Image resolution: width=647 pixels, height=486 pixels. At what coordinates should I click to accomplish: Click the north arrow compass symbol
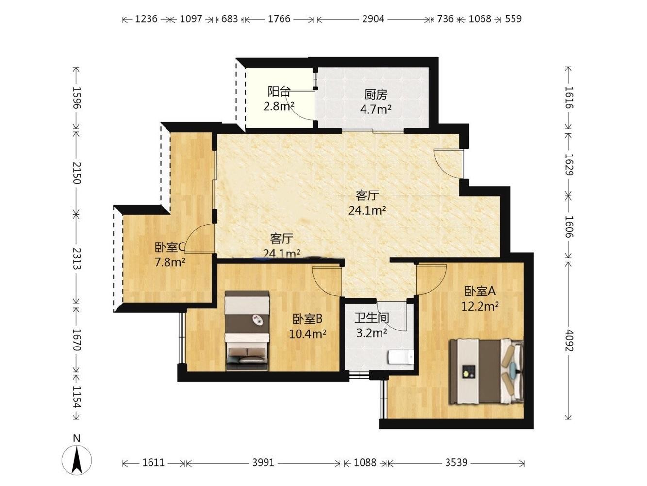77,460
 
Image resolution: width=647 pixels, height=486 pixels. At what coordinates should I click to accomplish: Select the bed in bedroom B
247,330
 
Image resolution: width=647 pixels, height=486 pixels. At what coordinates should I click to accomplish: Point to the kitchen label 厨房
376,95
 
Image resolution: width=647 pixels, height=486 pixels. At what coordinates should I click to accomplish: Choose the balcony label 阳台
279,91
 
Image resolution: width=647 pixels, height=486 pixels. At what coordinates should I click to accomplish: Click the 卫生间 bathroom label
372,318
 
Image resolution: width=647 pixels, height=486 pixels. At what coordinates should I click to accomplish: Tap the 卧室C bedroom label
170,247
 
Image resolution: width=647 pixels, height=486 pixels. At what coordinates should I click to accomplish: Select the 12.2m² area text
480,307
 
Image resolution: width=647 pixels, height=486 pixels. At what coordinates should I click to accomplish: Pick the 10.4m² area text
307,334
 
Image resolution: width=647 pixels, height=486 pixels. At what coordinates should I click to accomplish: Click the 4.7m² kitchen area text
376,109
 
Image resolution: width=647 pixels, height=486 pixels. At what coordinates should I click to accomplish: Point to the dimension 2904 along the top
373,19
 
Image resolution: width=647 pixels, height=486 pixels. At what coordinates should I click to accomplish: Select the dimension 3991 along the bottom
263,462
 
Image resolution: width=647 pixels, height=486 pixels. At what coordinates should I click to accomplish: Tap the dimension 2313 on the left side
77,259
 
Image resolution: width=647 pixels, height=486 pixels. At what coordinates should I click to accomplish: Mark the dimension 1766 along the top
279,19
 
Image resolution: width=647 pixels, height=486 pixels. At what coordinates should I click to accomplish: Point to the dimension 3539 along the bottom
456,462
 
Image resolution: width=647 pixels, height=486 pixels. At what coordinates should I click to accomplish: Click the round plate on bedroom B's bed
258,320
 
